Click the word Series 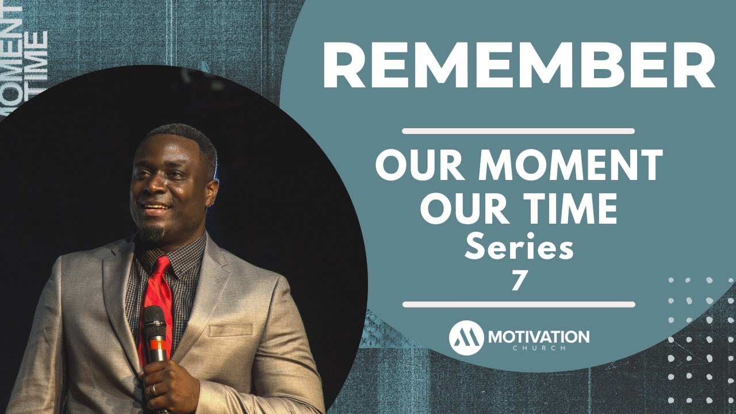coord(519,247)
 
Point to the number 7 coord(518,281)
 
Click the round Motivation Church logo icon coord(466,338)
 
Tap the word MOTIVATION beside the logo coord(539,337)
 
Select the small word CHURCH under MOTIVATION coord(539,348)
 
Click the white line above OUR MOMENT coord(519,131)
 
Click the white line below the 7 coord(519,305)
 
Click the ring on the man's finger coord(154,390)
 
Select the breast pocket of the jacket coord(231,329)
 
